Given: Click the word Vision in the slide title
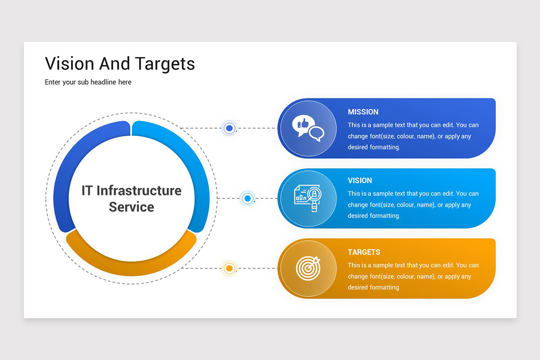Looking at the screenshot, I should [69, 63].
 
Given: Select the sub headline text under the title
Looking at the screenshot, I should [88, 82].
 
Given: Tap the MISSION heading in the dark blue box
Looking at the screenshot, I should [363, 112].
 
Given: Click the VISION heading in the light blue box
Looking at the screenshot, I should [360, 180].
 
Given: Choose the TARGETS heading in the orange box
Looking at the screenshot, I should [364, 252].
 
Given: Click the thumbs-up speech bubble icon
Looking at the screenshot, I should [308, 128].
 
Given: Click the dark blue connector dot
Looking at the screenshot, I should [229, 128].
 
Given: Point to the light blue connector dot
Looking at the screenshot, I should [247, 198].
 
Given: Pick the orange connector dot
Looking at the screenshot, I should [229, 268].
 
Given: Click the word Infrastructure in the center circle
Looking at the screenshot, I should [139, 190].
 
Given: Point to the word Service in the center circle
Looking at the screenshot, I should [131, 207].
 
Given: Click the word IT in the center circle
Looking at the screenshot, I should [87, 190].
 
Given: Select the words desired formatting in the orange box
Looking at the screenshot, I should [373, 287].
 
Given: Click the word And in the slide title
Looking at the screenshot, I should [114, 63].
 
